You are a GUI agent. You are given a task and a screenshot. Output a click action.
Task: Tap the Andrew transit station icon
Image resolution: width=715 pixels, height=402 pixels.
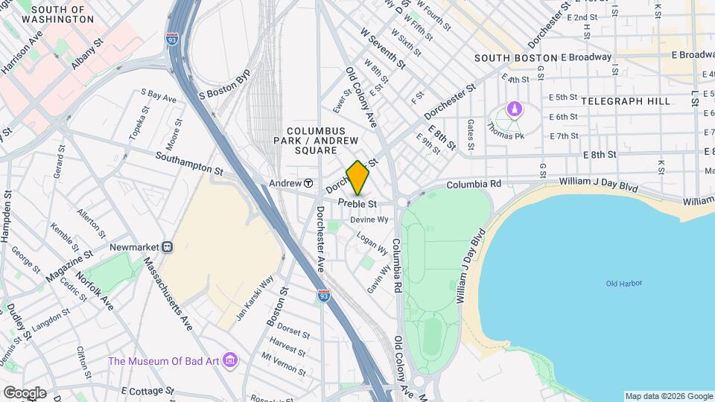[x=308, y=183]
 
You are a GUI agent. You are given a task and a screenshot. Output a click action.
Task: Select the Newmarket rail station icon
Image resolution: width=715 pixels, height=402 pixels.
[x=168, y=247]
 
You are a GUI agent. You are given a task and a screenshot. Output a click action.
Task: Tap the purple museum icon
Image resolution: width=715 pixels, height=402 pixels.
[x=230, y=361]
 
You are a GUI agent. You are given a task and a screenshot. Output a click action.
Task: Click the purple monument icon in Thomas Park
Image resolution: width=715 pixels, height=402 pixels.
[x=514, y=109]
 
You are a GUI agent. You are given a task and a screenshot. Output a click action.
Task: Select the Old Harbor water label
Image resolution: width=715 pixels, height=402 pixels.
[x=623, y=284]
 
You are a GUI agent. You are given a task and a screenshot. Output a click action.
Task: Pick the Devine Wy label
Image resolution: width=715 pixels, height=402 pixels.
[x=375, y=220]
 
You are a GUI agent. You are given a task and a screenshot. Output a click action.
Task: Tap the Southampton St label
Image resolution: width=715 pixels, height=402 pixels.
[x=189, y=163]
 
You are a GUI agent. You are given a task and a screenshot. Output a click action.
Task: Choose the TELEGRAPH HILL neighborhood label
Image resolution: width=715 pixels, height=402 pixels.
[x=626, y=100]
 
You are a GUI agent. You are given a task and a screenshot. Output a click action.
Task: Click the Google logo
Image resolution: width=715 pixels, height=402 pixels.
[x=24, y=392]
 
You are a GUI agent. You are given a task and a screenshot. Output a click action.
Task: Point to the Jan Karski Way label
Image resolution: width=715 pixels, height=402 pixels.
[x=255, y=298]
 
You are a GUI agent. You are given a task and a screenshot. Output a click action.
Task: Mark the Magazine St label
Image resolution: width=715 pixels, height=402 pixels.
[x=69, y=265]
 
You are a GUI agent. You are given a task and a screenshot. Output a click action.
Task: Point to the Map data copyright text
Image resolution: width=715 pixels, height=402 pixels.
[x=668, y=396]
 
